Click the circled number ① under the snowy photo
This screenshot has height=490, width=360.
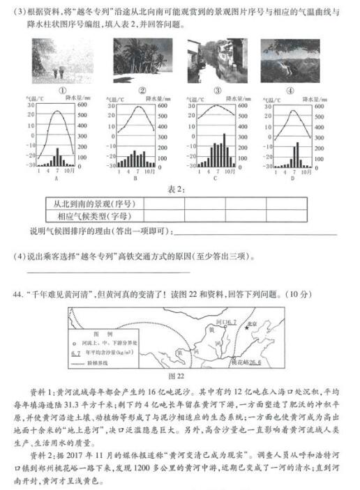click(x=62, y=90)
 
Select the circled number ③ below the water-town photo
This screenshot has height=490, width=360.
click(x=217, y=90)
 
